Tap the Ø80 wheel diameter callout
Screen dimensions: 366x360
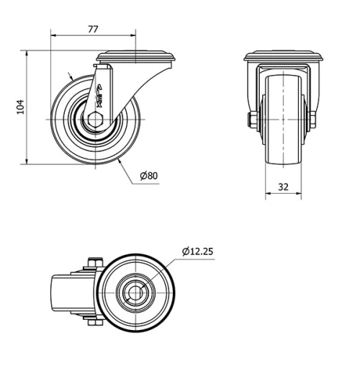[x=149, y=175]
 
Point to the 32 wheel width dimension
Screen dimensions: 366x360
[x=283, y=186]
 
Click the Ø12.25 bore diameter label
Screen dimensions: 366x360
[x=197, y=251]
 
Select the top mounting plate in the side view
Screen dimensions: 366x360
[x=136, y=56]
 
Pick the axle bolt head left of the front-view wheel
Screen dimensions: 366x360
[x=253, y=120]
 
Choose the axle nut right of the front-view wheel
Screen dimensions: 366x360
[x=313, y=120]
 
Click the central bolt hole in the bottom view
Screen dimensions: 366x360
[x=135, y=293]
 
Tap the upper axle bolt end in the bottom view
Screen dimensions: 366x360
[x=94, y=262]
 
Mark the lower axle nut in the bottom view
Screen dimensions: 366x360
[x=94, y=323]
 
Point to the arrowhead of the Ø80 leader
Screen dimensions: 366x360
[x=118, y=161]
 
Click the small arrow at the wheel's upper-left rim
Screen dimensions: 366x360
[x=71, y=76]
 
